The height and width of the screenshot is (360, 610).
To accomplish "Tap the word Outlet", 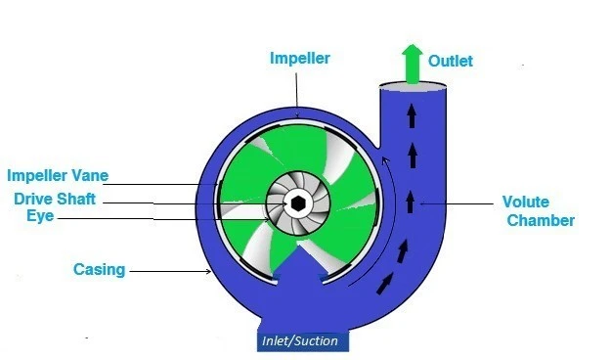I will [x=450, y=61].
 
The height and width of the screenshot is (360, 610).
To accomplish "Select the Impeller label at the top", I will [x=300, y=59].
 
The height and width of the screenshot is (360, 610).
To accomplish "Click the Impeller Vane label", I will [x=58, y=176].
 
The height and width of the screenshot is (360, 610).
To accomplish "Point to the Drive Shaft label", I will [x=55, y=199].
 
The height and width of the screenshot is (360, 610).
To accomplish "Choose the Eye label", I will [x=40, y=216].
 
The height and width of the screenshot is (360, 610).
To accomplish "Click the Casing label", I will [x=100, y=268].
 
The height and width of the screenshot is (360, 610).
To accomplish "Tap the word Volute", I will [x=526, y=202].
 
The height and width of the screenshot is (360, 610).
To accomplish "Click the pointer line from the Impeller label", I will [x=297, y=93].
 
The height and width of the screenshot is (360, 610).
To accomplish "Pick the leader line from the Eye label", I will [x=156, y=217].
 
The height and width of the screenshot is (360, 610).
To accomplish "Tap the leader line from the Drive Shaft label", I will [x=196, y=202].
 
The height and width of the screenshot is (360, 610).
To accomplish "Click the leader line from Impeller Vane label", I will [x=161, y=182].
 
